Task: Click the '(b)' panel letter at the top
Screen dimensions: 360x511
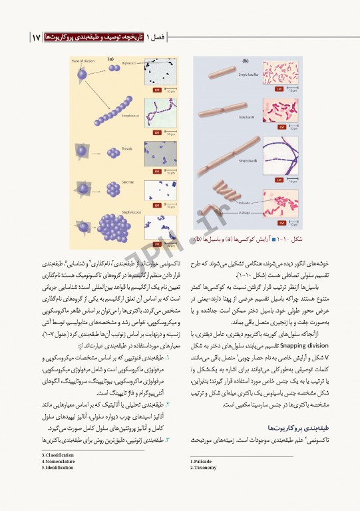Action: tap(246, 60)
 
